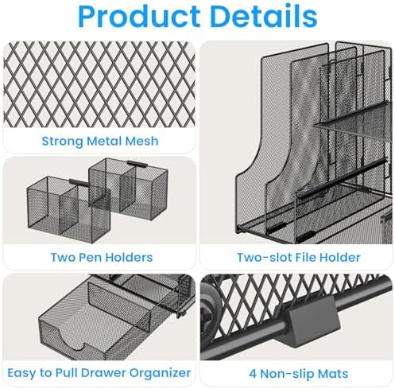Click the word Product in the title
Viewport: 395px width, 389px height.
139,16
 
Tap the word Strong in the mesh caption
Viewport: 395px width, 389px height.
63,142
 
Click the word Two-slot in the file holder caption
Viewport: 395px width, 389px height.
264,257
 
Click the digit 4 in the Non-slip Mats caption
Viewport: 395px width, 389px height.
253,374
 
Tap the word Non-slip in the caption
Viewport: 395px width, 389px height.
287,374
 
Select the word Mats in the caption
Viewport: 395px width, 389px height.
333,374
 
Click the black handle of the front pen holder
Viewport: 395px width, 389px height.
79,182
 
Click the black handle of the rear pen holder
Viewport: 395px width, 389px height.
137,164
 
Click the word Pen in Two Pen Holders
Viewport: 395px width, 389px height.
89,257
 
